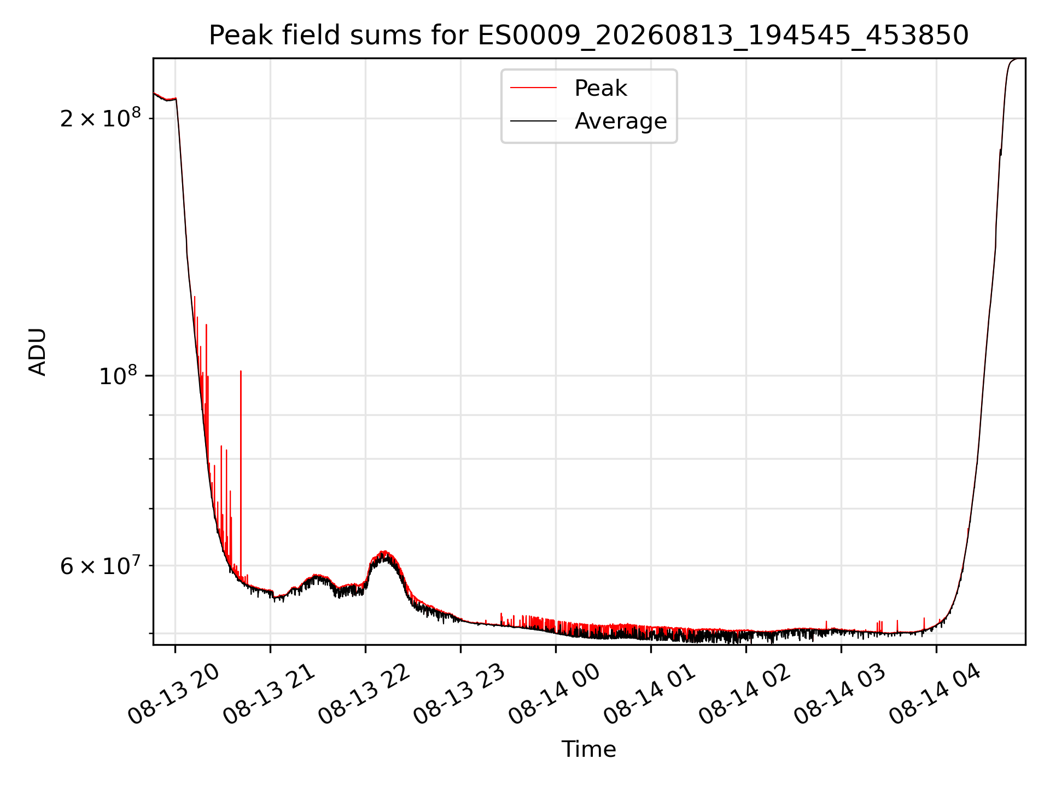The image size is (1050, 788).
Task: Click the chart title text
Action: pos(588,36)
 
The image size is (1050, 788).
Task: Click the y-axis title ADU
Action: pos(38,352)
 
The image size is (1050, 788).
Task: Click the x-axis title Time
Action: pos(588,749)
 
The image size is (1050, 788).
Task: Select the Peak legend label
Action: pos(600,88)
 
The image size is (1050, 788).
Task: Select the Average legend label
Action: pos(621,121)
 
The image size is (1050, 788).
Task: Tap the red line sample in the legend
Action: pos(533,88)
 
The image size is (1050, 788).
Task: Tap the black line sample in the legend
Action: pos(533,121)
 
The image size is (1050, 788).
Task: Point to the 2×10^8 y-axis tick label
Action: pos(100,118)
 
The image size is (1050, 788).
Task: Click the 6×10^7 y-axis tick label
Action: pos(100,566)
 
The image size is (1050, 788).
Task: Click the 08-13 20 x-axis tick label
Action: pos(174,695)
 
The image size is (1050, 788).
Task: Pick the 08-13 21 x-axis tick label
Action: pos(270,695)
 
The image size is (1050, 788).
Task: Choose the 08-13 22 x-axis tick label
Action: pos(365,695)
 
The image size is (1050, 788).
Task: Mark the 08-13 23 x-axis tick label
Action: pos(460,695)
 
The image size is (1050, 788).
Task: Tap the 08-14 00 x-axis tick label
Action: pos(555,695)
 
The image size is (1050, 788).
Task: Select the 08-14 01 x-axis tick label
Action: pos(650,695)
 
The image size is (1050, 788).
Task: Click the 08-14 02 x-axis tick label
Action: pos(745,695)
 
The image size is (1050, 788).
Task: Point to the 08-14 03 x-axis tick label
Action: pos(841,695)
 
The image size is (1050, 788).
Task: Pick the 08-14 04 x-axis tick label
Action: pos(936,695)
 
